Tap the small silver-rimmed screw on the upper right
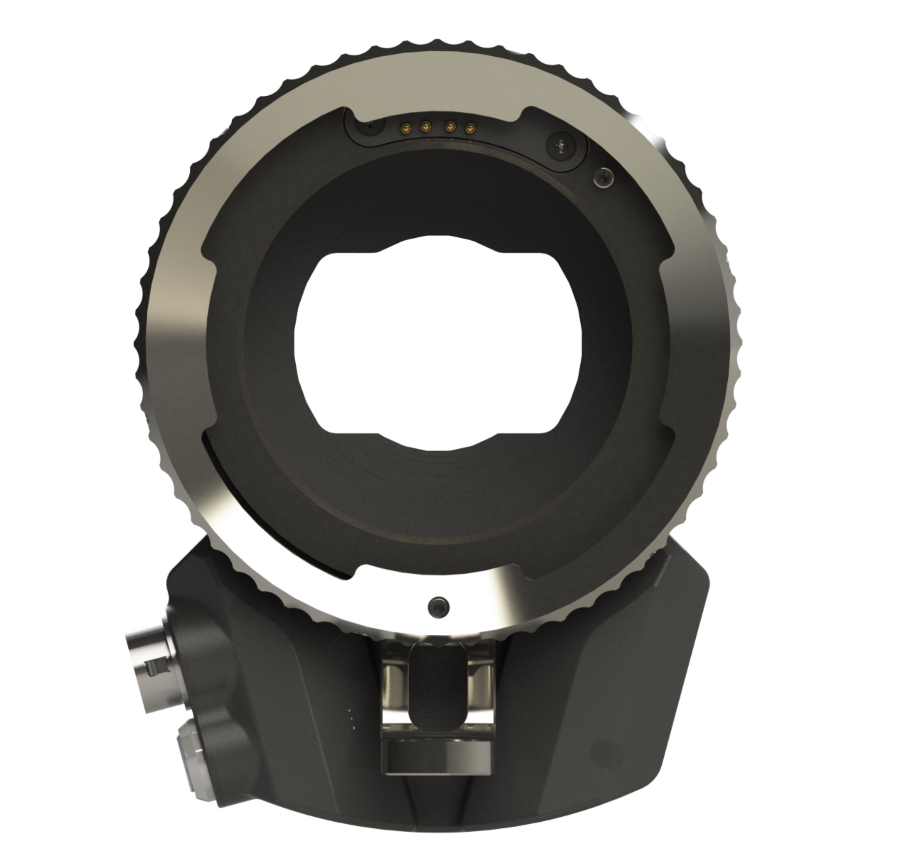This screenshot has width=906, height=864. (x=603, y=177)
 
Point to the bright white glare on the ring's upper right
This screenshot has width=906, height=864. (x=645, y=133)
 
